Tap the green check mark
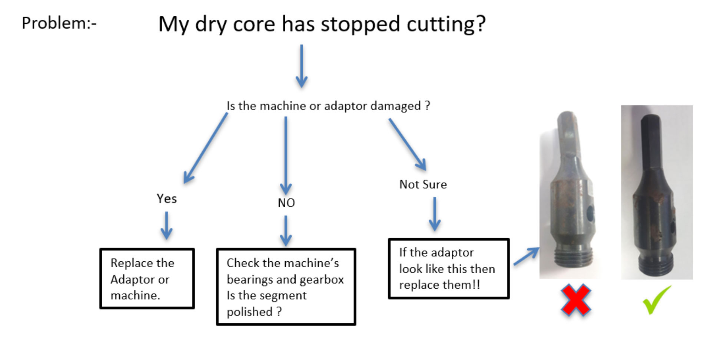point(657,300)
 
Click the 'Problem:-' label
point(59,23)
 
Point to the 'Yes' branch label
point(166,199)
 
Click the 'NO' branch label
point(286,203)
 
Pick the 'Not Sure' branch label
point(423,184)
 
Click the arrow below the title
point(302,66)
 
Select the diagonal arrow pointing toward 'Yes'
point(205,148)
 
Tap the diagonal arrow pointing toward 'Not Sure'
point(407,144)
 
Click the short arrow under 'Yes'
point(166,226)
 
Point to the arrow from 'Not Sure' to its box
point(435,214)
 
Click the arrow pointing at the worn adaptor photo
point(526,256)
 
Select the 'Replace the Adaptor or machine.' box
point(147,278)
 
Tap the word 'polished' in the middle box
point(250,312)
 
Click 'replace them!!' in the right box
point(439,285)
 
